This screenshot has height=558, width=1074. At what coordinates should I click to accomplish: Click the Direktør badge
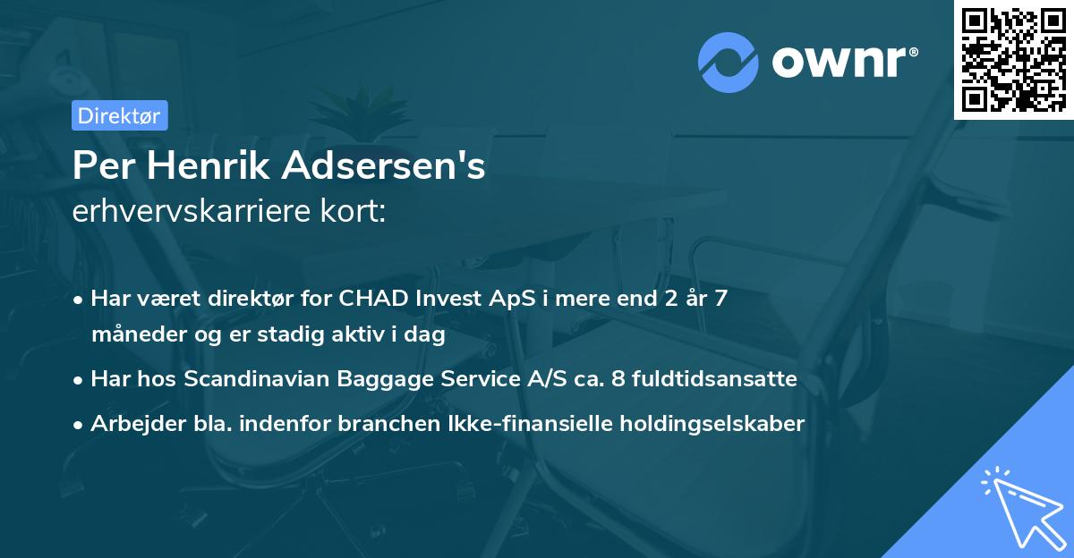pos(119,115)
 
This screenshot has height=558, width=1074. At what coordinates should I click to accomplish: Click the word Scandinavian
pos(260,379)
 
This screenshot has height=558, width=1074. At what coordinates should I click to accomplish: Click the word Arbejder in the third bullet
pos(132,423)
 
